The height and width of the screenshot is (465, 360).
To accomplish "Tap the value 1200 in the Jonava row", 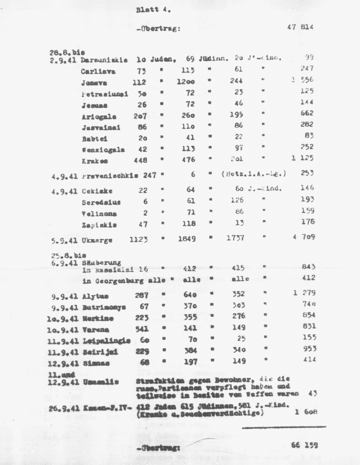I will [x=186, y=82].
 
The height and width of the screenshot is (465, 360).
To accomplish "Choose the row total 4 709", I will [x=303, y=238].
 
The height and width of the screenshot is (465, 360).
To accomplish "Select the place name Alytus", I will [x=94, y=296].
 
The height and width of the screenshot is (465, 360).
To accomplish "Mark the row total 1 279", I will [x=303, y=294].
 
